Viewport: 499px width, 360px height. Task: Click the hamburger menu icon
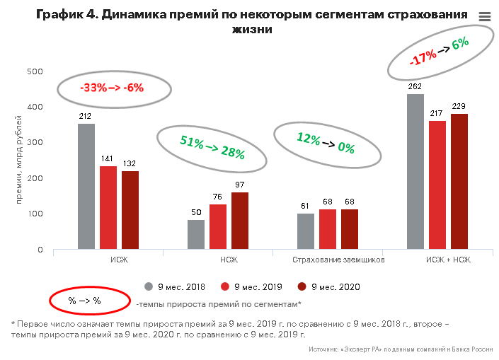(484, 17)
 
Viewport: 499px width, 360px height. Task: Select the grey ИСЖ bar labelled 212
(86, 187)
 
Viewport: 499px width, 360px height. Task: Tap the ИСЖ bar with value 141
(108, 208)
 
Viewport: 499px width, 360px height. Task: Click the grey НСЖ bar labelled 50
(196, 235)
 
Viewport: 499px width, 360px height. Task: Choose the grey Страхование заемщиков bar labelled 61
(306, 231)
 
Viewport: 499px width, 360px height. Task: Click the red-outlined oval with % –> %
(84, 301)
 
